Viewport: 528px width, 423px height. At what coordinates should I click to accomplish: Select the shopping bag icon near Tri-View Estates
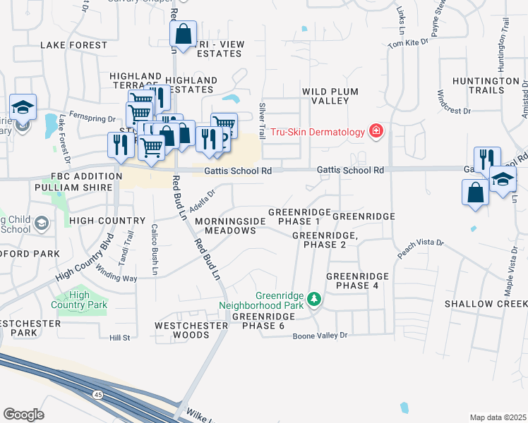pyautogui.click(x=183, y=34)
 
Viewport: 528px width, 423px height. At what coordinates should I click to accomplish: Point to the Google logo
pyautogui.click(x=23, y=414)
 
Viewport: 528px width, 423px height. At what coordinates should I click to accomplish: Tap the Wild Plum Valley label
pyautogui.click(x=330, y=97)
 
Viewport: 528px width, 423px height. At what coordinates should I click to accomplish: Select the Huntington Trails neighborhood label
pyautogui.click(x=486, y=86)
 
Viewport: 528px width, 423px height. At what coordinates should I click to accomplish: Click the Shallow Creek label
pyautogui.click(x=486, y=303)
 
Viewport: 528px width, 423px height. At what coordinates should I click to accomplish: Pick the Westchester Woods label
pyautogui.click(x=183, y=330)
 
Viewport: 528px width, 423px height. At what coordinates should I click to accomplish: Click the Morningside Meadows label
pyautogui.click(x=230, y=226)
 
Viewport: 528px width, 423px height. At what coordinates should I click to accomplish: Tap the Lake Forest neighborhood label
pyautogui.click(x=66, y=44)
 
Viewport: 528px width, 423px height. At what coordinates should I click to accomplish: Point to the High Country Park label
pyautogui.click(x=88, y=300)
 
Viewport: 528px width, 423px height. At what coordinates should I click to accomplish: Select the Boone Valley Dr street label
pyautogui.click(x=320, y=336)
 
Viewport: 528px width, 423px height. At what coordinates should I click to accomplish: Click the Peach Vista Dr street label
pyautogui.click(x=419, y=251)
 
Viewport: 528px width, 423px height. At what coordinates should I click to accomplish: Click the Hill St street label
pyautogui.click(x=120, y=338)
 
